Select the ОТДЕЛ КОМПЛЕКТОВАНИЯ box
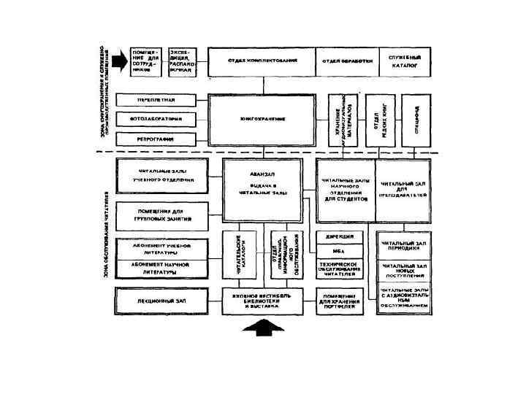coord(262,61)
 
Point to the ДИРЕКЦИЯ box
coord(338,236)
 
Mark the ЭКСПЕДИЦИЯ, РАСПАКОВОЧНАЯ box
coord(183,61)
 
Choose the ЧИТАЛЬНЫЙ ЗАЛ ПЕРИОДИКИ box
coord(403,242)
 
